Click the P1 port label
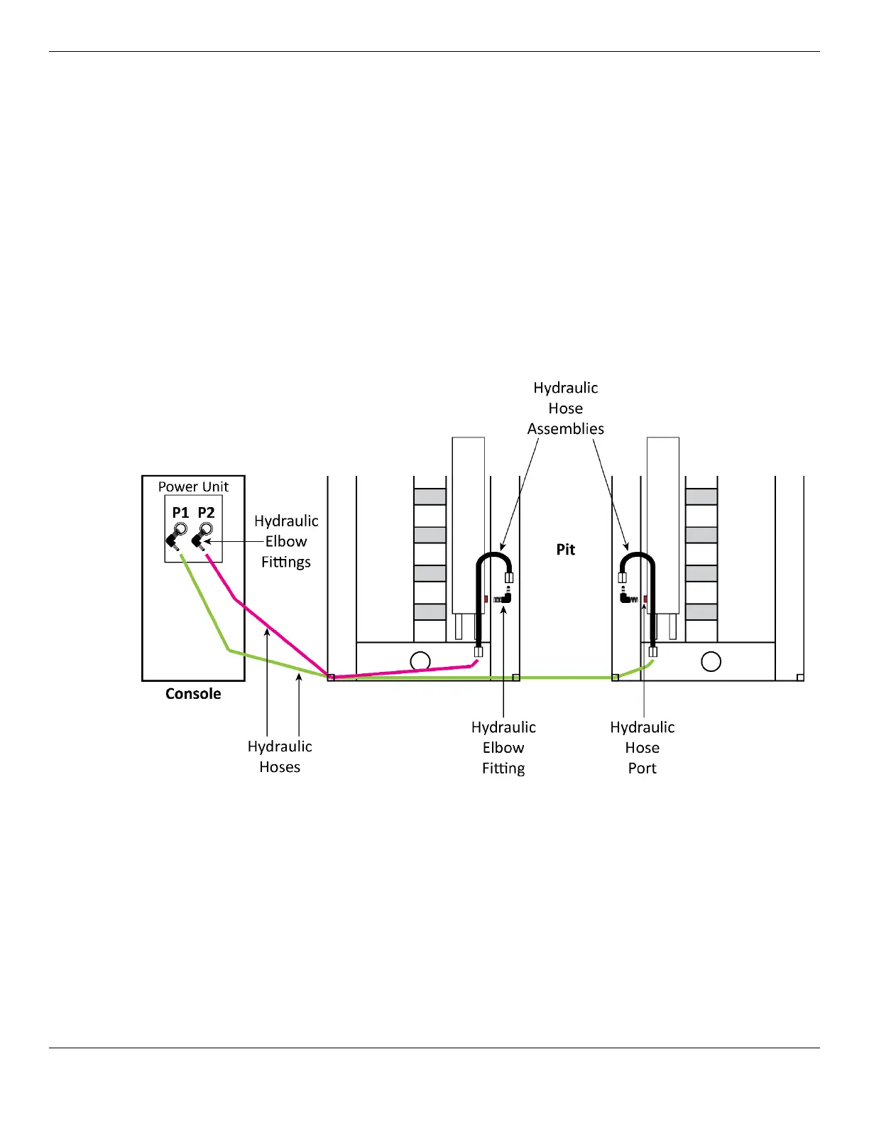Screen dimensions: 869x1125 [x=180, y=513]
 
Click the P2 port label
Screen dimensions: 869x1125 [x=206, y=513]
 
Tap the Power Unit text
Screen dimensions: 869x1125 [x=193, y=487]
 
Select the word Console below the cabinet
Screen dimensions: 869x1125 [x=193, y=694]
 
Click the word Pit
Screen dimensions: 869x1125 [x=566, y=549]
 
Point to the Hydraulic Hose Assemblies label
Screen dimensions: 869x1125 [x=566, y=408]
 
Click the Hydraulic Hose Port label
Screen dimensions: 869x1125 [x=643, y=748]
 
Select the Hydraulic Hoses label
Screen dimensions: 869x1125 [x=280, y=756]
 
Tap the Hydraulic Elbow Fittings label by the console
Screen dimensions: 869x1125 [x=286, y=541]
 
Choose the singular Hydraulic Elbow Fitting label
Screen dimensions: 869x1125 [x=503, y=748]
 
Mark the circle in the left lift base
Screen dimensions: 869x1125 [x=420, y=661]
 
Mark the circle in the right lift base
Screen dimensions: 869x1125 [x=711, y=661]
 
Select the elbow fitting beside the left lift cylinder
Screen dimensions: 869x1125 [x=505, y=599]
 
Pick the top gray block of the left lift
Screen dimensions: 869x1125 [x=430, y=496]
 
